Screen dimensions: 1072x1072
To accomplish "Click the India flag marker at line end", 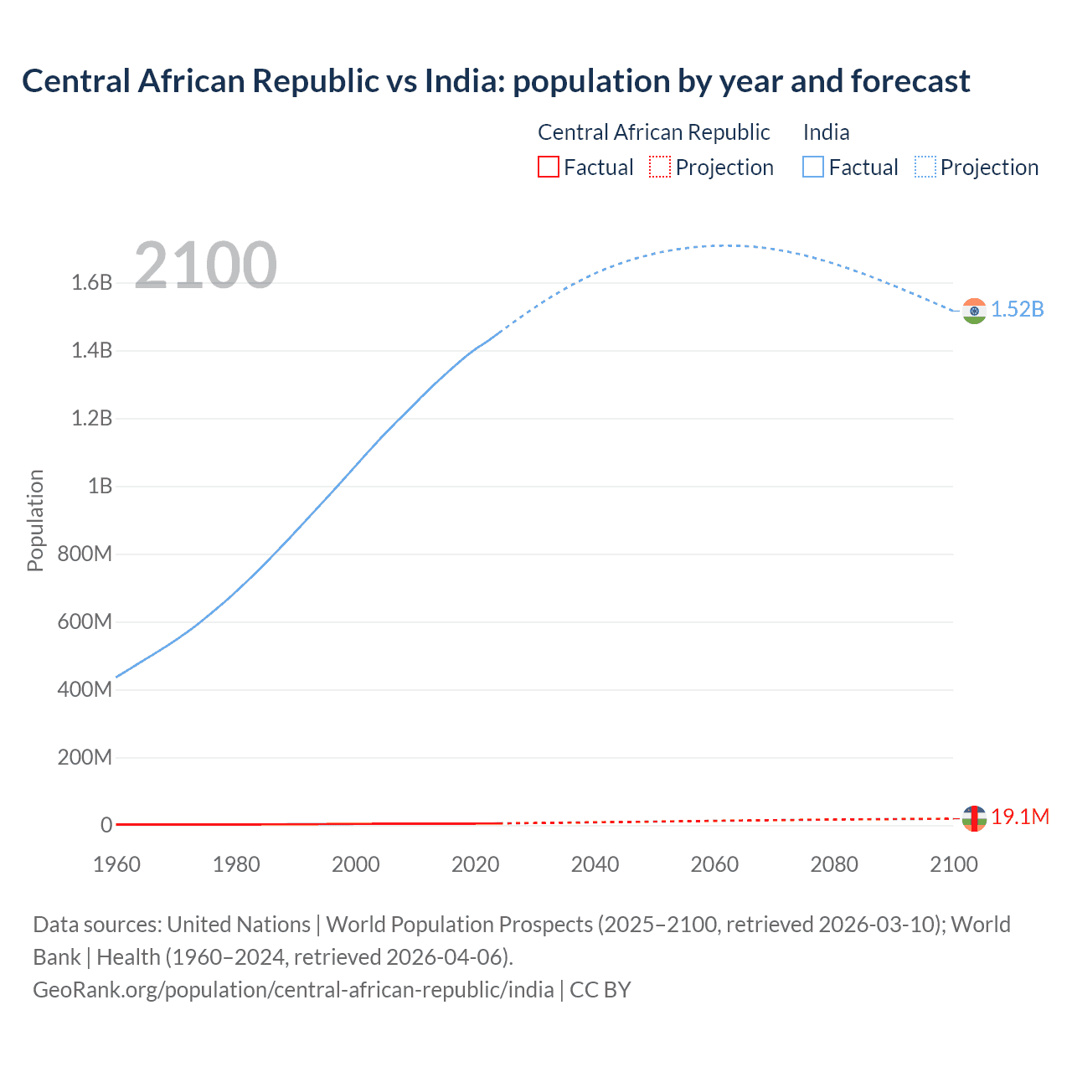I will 973,311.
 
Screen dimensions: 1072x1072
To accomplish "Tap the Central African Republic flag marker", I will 974,818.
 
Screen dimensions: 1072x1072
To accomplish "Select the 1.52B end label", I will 1018,309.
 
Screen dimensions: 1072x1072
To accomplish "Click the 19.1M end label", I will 1020,817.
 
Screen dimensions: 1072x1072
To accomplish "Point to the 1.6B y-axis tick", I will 92,283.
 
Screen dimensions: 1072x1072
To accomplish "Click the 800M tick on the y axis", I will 85,554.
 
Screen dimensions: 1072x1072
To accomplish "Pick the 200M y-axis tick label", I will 85,757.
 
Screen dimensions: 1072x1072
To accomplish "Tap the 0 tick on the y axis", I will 106,825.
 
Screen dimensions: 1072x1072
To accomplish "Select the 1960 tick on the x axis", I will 116,864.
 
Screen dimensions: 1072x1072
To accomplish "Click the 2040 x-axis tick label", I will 595,864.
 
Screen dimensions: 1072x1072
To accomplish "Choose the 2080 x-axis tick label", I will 833,864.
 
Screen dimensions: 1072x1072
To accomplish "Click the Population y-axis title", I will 35,520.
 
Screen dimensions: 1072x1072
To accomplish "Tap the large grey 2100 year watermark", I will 205,265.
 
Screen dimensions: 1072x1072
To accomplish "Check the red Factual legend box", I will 548,167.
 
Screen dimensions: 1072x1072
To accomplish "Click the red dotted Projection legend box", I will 660,167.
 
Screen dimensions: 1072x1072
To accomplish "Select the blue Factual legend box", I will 812,167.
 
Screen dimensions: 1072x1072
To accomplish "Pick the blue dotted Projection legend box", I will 925,167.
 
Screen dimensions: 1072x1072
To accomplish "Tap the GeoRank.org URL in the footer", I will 293,990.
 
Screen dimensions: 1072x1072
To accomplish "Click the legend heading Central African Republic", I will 653,132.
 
